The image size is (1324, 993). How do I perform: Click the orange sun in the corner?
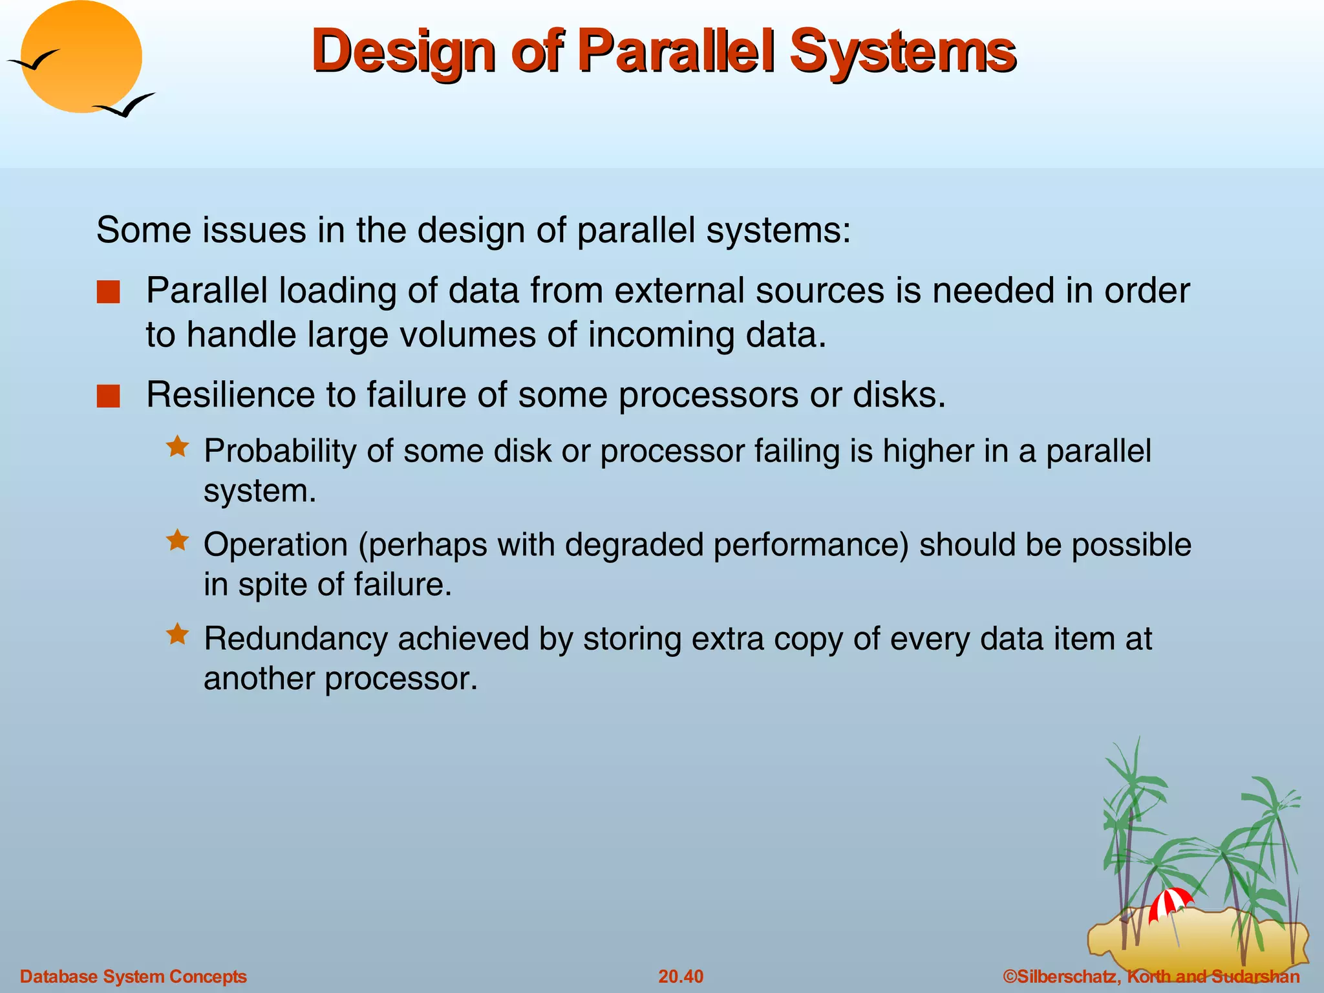81,57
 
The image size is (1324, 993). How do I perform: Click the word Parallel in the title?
675,52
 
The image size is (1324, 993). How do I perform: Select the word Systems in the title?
902,52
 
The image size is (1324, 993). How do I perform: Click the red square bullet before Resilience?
108,396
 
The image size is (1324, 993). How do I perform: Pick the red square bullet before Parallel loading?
108,292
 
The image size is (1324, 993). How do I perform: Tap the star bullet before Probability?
177,447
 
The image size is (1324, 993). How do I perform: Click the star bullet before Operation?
177,540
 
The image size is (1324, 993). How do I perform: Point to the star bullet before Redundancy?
177,634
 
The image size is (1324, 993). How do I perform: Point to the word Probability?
279,451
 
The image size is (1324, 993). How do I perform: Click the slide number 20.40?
680,976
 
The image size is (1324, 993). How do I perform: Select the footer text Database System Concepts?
133,976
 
